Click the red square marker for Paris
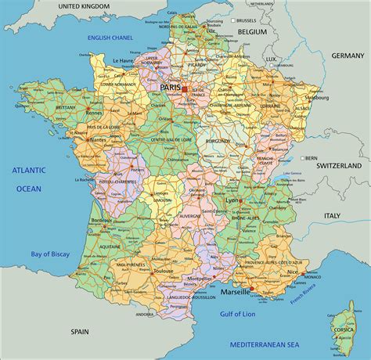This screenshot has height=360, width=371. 185,89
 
